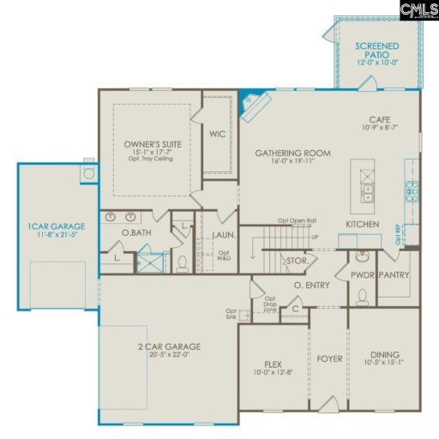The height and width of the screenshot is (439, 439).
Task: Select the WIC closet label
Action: tap(218, 134)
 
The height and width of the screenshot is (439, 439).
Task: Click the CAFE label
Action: tap(380, 119)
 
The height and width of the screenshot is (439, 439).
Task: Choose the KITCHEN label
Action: tap(363, 224)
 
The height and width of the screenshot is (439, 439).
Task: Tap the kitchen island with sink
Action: tap(367, 186)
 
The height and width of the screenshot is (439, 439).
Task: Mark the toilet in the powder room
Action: tap(362, 297)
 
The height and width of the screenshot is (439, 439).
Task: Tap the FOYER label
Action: tap(329, 358)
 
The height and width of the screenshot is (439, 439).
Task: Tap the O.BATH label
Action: tap(136, 232)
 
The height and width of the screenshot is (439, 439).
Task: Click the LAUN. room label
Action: tap(224, 232)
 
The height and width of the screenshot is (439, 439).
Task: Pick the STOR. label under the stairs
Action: tap(298, 260)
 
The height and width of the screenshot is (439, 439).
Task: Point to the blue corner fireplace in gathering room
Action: tap(249, 99)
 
